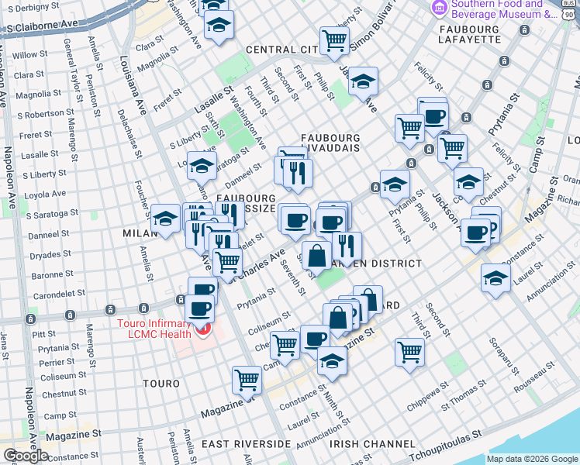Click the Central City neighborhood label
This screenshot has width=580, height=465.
pos(281,50)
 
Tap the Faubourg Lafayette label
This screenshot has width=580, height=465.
pos(505,30)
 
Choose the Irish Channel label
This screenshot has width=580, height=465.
pos(371,444)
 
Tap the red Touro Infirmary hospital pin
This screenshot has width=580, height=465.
pos(204,331)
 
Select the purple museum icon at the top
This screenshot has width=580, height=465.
pos(440,8)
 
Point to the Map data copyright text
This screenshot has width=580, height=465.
pos(531,459)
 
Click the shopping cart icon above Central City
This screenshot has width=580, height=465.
pos(334,40)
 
